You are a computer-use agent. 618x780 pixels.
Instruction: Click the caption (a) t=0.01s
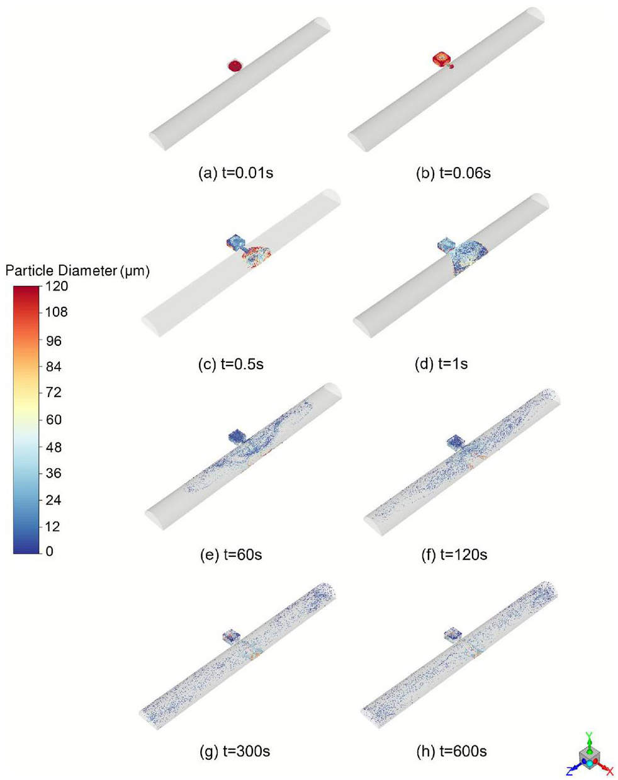tap(236, 173)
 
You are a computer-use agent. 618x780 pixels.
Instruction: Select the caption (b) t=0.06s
tap(453, 173)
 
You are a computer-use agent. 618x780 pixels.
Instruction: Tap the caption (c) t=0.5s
tap(231, 364)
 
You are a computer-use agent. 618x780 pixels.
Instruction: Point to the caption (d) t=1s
tap(441, 364)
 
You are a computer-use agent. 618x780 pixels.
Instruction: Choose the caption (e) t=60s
tap(231, 555)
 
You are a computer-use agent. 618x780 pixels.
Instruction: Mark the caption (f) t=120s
tap(454, 554)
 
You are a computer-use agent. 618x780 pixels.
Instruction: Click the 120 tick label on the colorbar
tap(57, 286)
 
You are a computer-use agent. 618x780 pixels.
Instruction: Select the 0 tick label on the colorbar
tap(49, 551)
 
